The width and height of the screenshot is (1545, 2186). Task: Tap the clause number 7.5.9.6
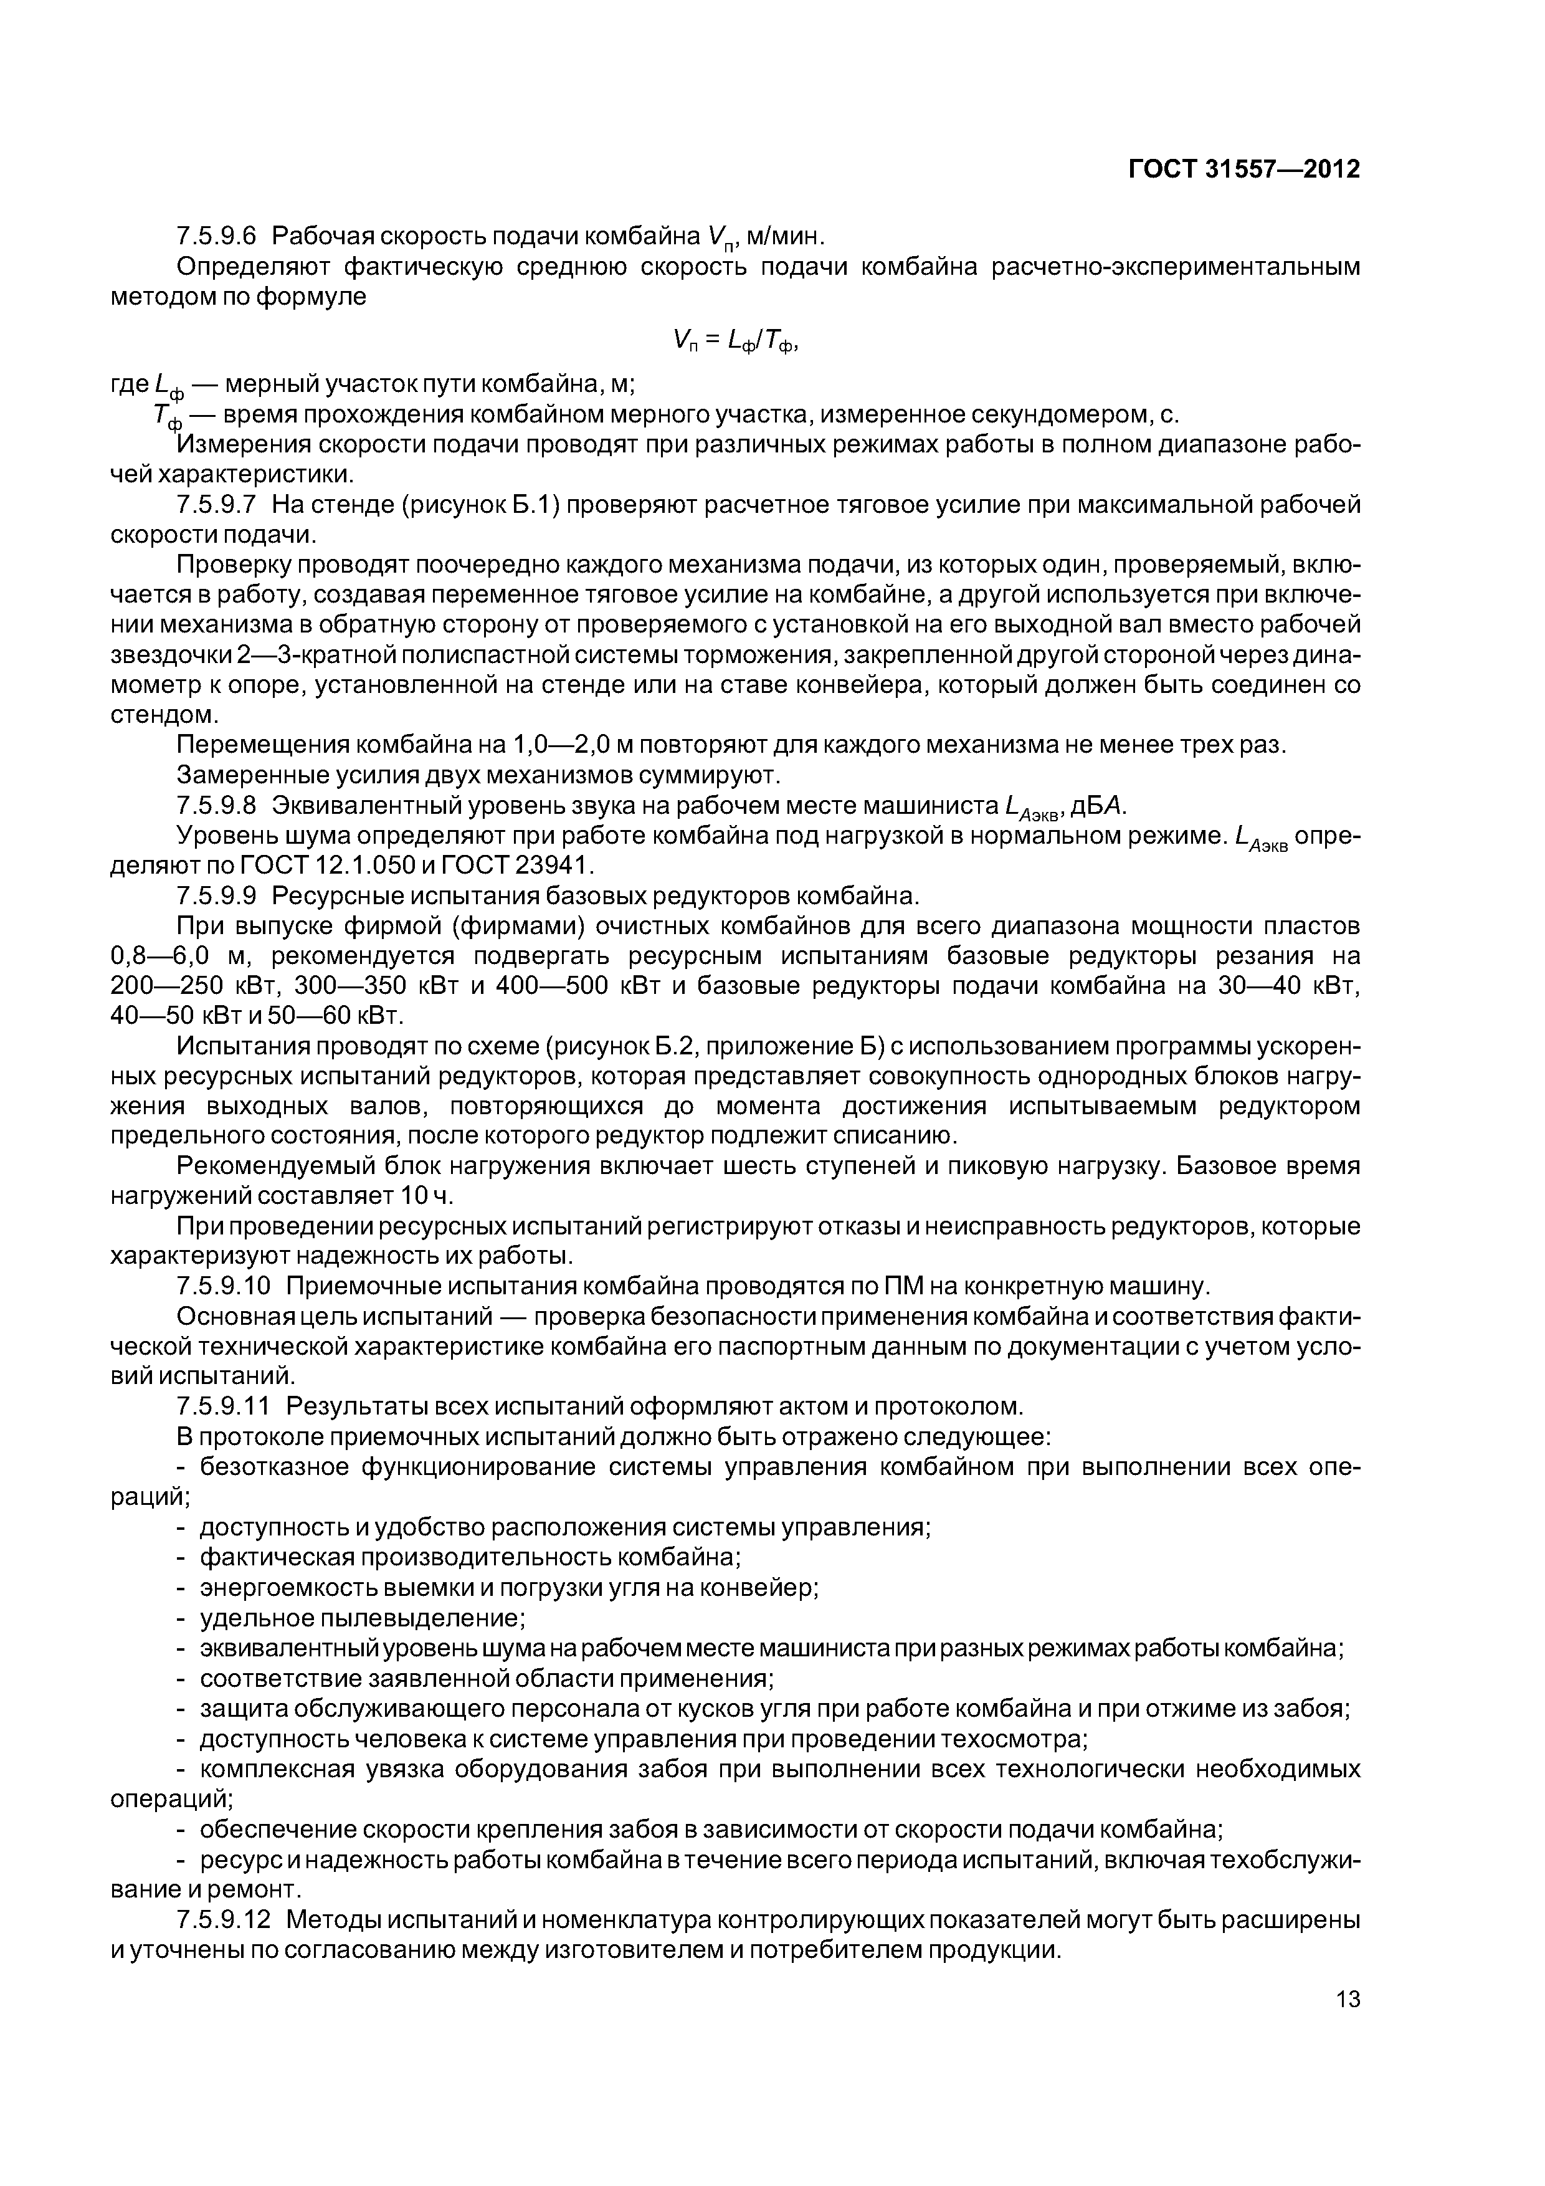217,235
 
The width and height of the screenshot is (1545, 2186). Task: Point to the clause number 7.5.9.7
217,505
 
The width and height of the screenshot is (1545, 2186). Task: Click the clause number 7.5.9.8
217,806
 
